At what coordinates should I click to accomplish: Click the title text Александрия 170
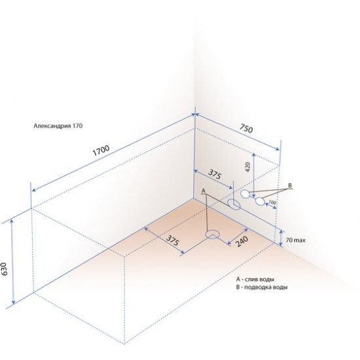(x=58, y=126)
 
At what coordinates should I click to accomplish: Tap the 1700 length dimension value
(x=101, y=151)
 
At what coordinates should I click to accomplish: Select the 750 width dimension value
(x=246, y=128)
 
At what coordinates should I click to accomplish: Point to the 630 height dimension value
(x=5, y=269)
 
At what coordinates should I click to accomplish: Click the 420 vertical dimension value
(x=247, y=167)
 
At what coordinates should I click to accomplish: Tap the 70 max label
(x=295, y=240)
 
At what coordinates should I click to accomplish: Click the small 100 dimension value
(x=272, y=202)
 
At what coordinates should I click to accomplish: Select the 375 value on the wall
(x=215, y=175)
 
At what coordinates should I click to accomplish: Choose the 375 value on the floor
(x=172, y=240)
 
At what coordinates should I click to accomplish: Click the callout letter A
(x=203, y=191)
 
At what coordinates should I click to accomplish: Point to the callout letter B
(x=290, y=185)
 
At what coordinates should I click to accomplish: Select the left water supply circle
(x=245, y=194)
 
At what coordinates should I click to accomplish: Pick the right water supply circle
(x=260, y=202)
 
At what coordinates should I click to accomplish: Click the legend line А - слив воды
(x=255, y=279)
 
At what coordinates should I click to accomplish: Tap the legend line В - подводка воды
(x=262, y=287)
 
